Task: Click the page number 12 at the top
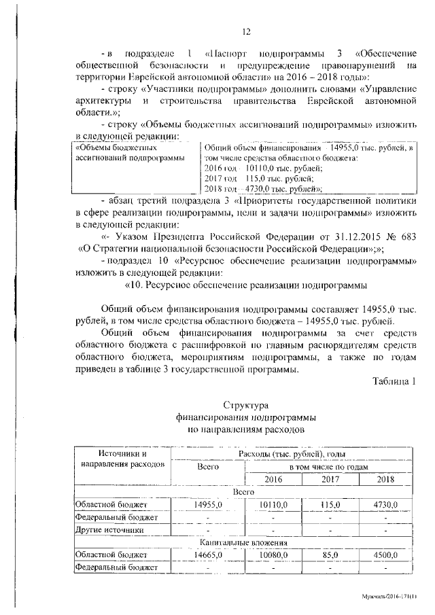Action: coord(247,30)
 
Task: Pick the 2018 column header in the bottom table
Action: coord(385,480)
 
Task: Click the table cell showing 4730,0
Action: coord(385,505)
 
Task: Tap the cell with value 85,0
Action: coord(330,555)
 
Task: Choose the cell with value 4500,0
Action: coord(385,555)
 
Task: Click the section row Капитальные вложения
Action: coord(243,543)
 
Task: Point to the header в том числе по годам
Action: coord(329,468)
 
